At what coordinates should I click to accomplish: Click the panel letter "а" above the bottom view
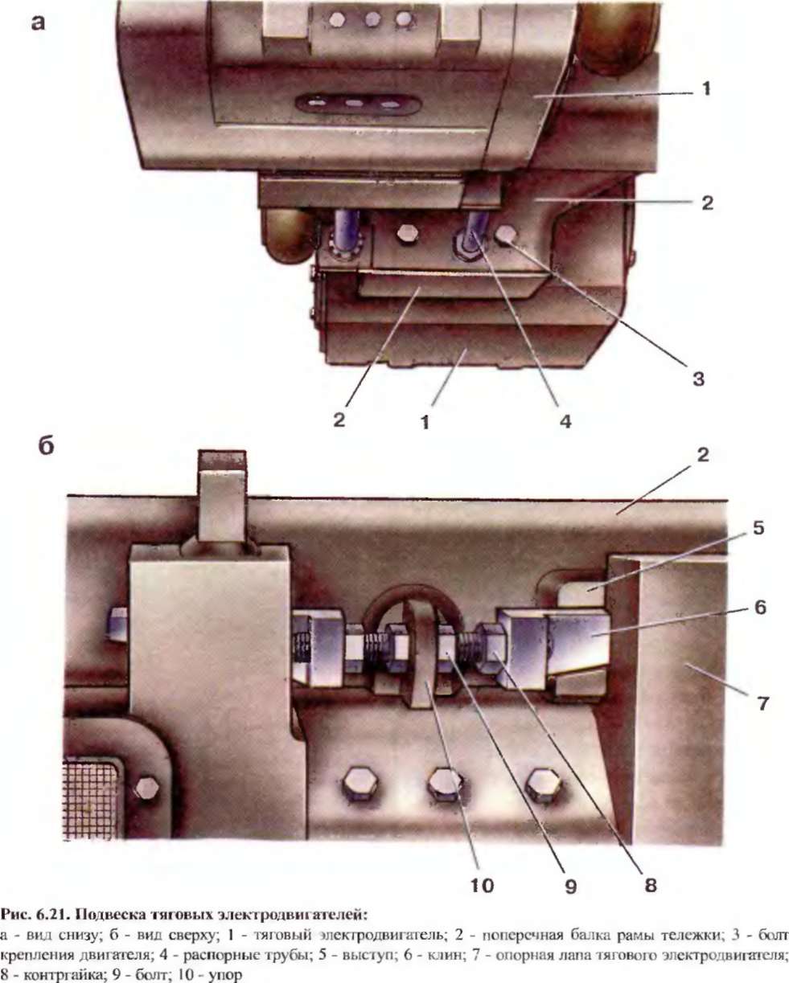pyautogui.click(x=37, y=23)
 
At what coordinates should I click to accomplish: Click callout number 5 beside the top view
pyautogui.click(x=759, y=529)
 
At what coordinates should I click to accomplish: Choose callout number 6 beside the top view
pyautogui.click(x=759, y=608)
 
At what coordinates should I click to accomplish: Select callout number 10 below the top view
pyautogui.click(x=483, y=887)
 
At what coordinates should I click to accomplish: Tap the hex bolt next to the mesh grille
pyautogui.click(x=146, y=788)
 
